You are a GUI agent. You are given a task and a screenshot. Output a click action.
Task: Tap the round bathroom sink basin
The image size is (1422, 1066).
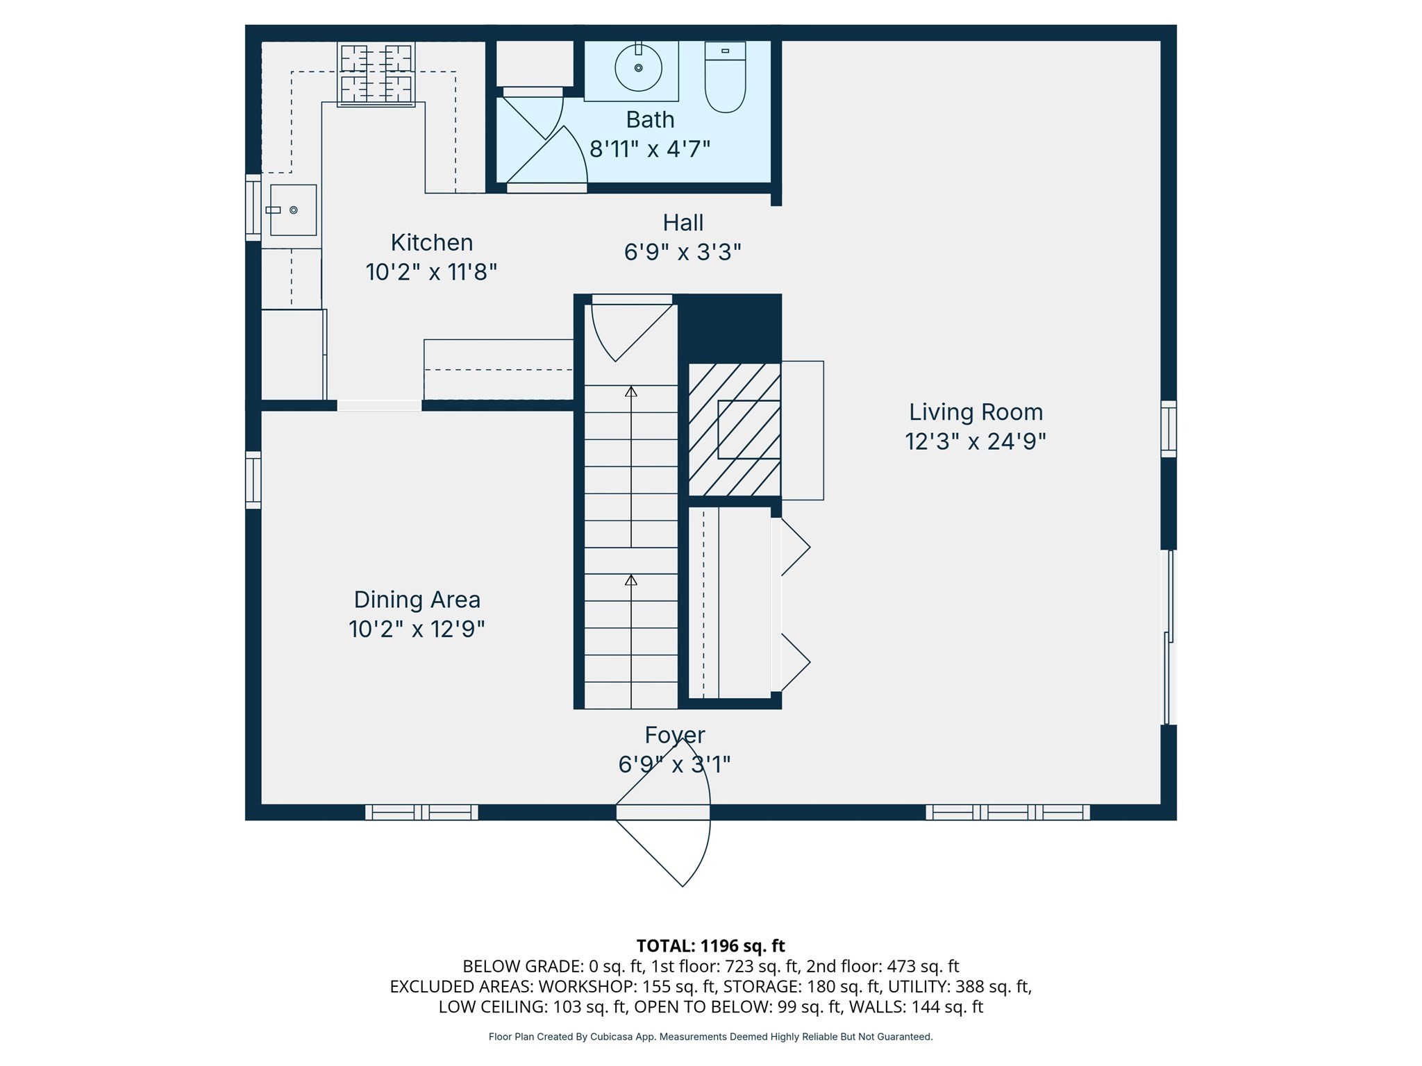(x=638, y=67)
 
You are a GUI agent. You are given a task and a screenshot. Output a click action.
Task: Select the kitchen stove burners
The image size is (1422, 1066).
(x=376, y=74)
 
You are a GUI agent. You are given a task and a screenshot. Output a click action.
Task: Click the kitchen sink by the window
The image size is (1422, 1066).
(x=293, y=210)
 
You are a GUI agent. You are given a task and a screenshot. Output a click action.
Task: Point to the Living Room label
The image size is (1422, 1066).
(x=976, y=412)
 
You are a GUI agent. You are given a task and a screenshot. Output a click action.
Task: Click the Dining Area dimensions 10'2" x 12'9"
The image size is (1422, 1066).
(x=417, y=629)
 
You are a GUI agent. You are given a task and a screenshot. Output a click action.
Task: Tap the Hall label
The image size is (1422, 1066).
(x=683, y=223)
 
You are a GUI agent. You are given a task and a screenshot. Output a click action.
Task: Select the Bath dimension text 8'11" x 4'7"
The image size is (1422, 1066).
(x=650, y=149)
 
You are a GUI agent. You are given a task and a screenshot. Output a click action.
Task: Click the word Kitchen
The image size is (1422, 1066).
(x=431, y=242)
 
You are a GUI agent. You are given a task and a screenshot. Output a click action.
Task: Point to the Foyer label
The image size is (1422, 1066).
(x=674, y=734)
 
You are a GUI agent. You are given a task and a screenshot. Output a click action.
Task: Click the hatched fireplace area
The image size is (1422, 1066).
(x=735, y=429)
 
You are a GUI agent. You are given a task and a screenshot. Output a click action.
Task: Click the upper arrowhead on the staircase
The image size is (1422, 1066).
(x=630, y=392)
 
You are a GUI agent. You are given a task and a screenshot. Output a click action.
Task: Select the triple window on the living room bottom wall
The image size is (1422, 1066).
(x=1007, y=812)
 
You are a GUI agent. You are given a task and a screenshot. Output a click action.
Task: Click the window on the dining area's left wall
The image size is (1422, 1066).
(x=253, y=480)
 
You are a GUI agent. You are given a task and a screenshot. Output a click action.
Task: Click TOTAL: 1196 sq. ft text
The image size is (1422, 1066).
(x=710, y=945)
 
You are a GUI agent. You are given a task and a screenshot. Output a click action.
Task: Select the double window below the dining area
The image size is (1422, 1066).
(x=421, y=812)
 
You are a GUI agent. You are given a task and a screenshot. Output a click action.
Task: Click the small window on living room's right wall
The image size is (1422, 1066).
(x=1169, y=428)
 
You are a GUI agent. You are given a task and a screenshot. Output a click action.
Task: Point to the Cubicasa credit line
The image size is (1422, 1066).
(x=710, y=1037)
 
